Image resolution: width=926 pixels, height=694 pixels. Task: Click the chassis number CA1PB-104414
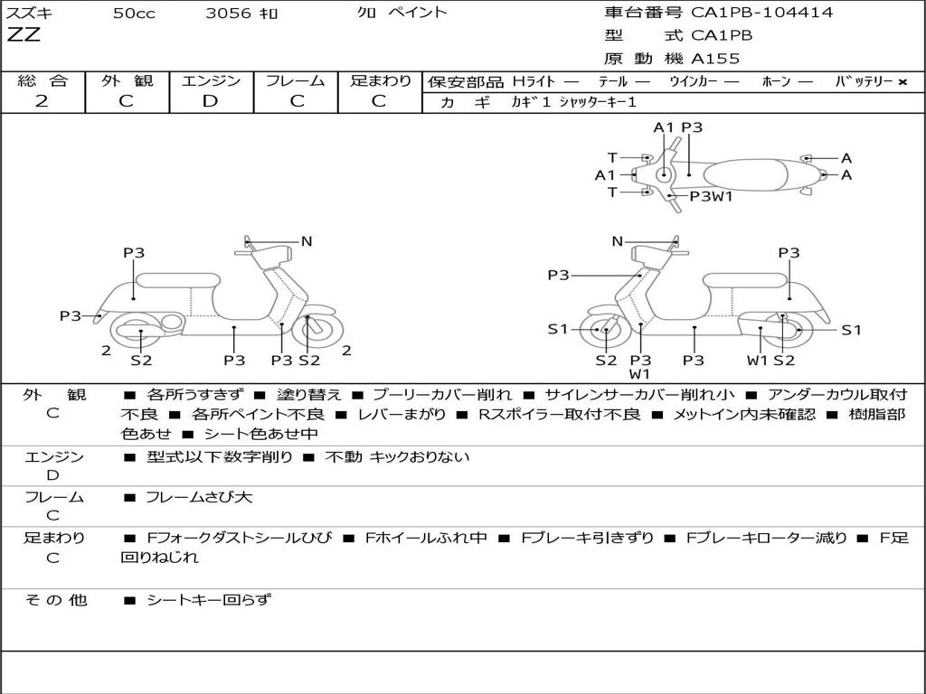(x=761, y=13)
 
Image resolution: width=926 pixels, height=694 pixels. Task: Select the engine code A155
(x=715, y=59)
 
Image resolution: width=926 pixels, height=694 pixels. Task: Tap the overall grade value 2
(x=42, y=101)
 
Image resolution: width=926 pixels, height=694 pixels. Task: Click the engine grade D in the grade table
(x=210, y=101)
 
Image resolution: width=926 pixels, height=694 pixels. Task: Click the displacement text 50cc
(x=133, y=13)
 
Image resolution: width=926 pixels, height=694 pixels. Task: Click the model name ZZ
(x=24, y=36)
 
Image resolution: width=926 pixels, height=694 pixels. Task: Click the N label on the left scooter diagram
(x=307, y=241)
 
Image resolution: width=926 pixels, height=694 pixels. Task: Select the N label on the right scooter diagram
(x=618, y=241)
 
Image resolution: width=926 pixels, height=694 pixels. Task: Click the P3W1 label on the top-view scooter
(x=711, y=196)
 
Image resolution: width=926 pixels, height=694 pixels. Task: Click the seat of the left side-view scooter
(x=179, y=280)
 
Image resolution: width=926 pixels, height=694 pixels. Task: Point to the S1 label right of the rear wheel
(x=851, y=330)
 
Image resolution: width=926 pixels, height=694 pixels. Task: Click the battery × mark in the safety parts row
(x=902, y=81)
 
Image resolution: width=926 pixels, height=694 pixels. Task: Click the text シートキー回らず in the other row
(x=208, y=599)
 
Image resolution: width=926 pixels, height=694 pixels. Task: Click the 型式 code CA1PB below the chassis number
(x=722, y=36)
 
